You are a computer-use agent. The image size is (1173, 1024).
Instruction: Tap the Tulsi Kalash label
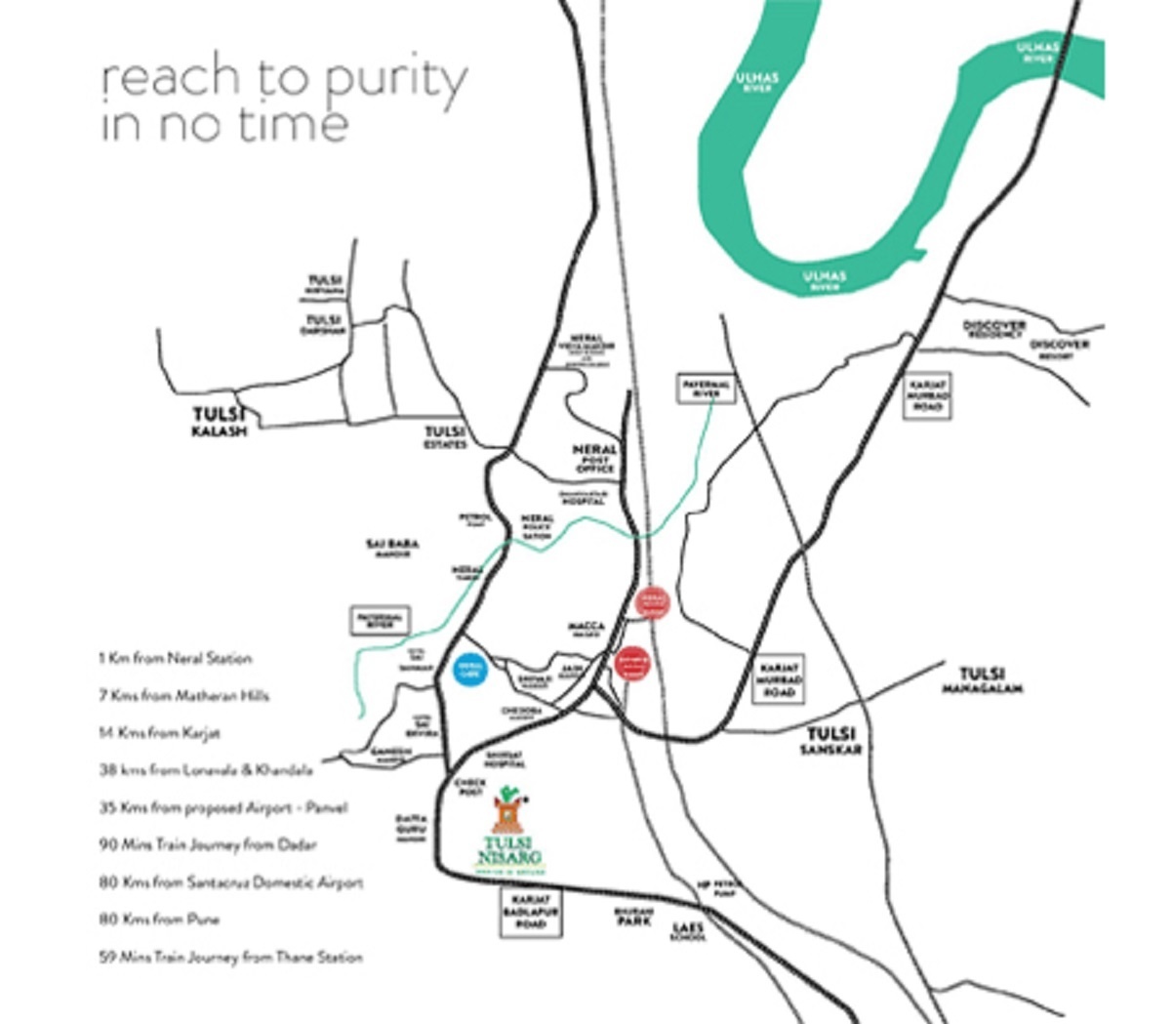click(219, 423)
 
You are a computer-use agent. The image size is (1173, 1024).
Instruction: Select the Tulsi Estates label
click(444, 437)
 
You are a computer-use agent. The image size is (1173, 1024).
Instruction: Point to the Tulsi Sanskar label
click(830, 741)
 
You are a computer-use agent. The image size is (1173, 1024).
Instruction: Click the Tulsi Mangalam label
click(982, 680)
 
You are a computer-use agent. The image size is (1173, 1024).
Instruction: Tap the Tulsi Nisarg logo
click(508, 831)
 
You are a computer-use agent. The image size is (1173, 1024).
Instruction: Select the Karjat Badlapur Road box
click(531, 912)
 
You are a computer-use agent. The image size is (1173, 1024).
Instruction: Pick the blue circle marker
click(470, 669)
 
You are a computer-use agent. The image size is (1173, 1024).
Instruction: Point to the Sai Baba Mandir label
click(393, 548)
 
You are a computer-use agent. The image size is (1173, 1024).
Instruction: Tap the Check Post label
click(469, 787)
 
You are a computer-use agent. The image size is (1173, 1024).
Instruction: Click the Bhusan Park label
click(632, 916)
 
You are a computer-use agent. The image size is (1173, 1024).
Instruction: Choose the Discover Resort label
click(1060, 348)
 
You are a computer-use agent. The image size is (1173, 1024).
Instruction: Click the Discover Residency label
click(993, 329)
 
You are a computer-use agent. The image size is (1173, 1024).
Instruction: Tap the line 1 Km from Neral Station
click(176, 659)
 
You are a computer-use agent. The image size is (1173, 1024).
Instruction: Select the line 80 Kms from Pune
click(159, 920)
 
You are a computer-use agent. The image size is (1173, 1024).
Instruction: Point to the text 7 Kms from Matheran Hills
click(183, 696)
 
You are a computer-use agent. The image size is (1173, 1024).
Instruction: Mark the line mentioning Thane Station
click(230, 958)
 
